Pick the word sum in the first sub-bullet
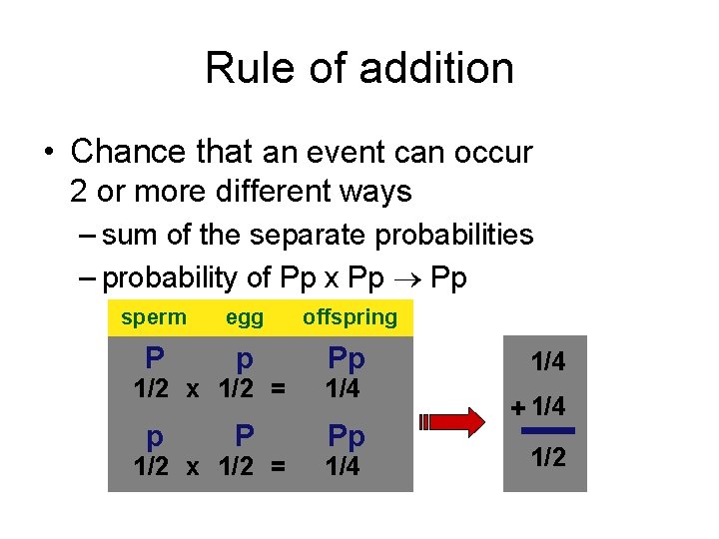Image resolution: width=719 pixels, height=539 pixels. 126,236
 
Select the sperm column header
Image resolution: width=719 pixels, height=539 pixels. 153,317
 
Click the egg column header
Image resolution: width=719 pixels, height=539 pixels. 245,317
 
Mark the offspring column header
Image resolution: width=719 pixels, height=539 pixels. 350,317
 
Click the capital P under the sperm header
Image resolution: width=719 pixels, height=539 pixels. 154,357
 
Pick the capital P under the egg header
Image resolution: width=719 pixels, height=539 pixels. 244,435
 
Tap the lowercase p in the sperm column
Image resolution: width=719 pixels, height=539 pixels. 154,437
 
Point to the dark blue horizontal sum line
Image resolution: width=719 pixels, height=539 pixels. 548,430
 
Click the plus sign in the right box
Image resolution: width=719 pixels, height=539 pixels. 517,407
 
